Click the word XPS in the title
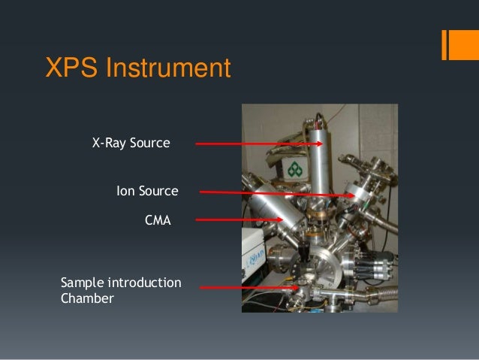click(71, 69)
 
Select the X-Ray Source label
click(131, 142)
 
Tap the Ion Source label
click(147, 192)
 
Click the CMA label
click(158, 221)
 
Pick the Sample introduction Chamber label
click(120, 291)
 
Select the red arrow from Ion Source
click(278, 194)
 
